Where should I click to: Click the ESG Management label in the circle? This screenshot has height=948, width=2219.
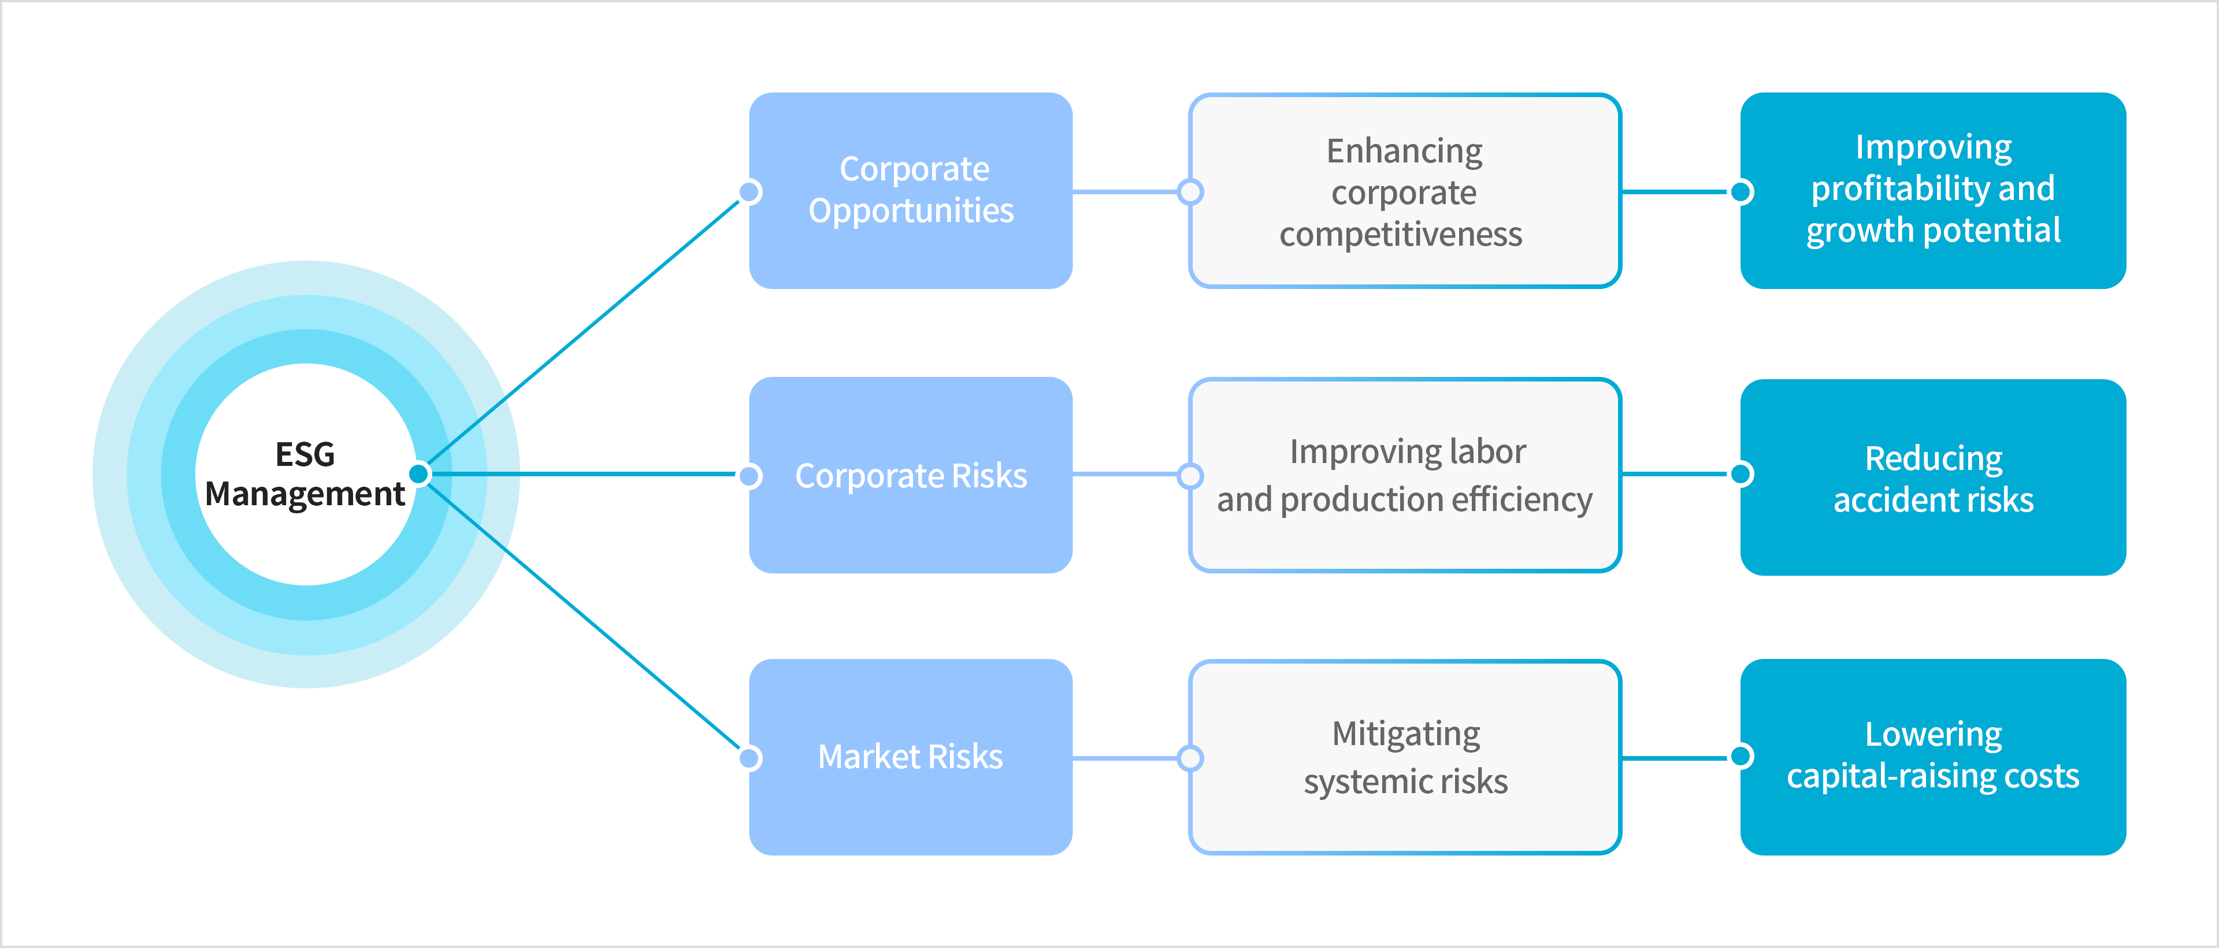(x=305, y=474)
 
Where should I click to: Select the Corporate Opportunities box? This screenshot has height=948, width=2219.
(x=911, y=190)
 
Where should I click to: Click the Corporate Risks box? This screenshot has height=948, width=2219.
(x=911, y=475)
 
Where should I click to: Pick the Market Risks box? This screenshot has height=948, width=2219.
(x=911, y=757)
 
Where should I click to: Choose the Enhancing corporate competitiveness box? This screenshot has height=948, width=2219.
(x=1404, y=190)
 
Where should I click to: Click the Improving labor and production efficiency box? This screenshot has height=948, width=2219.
(x=1404, y=475)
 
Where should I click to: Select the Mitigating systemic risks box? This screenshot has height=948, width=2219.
(x=1404, y=757)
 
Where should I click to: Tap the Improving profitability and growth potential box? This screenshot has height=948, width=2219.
(x=1933, y=190)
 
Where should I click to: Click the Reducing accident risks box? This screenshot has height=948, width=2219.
(x=1933, y=476)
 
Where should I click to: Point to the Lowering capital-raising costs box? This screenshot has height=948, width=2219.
(x=1933, y=757)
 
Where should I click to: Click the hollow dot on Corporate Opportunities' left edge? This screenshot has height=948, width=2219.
(x=750, y=191)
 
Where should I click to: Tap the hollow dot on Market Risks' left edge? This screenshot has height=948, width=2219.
(x=750, y=758)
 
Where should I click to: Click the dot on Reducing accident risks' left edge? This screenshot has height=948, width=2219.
(x=1742, y=473)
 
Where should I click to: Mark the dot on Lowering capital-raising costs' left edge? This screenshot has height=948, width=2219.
(x=1742, y=756)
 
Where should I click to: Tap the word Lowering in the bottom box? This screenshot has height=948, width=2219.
(x=1933, y=734)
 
